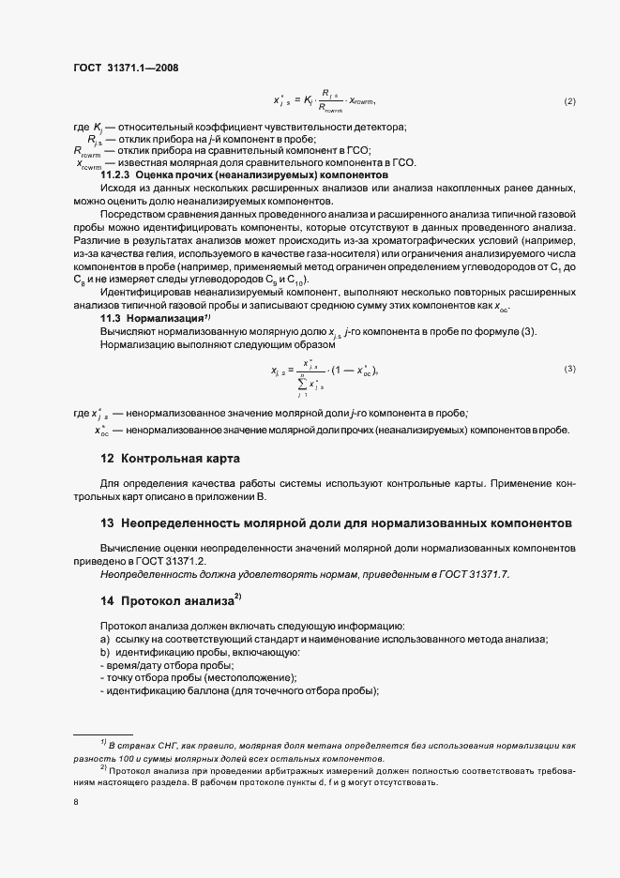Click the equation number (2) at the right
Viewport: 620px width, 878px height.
[x=569, y=101]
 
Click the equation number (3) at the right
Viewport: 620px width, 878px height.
[x=569, y=369]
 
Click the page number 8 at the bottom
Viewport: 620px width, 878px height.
[x=75, y=802]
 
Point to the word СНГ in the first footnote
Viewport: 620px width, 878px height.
[x=156, y=744]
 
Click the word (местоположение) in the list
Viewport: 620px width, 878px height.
[x=250, y=678]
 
